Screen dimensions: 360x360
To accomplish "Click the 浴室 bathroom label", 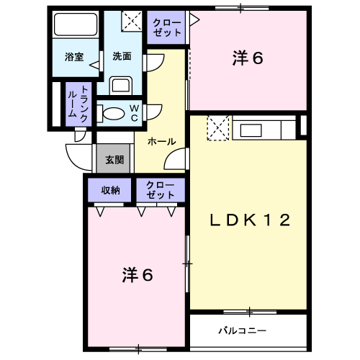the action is click(74, 57).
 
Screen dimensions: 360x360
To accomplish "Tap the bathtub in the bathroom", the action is click(76, 24).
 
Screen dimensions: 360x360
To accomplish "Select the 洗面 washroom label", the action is click(122, 56).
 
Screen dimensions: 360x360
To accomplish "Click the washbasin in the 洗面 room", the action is click(121, 86).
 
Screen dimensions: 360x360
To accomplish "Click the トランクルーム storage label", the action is click(78, 104).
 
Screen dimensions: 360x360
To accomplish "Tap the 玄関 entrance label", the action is click(114, 160).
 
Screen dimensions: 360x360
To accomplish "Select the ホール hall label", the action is click(162, 142).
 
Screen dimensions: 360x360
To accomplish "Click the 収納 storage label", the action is click(110, 190).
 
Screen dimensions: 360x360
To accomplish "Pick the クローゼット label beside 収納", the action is click(161, 190).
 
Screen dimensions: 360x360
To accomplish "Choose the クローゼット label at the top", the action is click(167, 27).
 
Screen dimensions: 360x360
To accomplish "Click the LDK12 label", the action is click(251, 220).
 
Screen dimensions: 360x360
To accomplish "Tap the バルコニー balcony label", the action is click(243, 330).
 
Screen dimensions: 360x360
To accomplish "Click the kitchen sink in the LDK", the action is click(251, 130).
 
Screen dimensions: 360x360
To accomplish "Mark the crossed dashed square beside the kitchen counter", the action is click(218, 128).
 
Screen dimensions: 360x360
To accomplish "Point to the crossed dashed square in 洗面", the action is click(132, 21).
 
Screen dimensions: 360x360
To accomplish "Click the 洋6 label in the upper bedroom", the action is click(248, 58).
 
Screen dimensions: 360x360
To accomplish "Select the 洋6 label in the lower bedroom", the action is click(138, 274).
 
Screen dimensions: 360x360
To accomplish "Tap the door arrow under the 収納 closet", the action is click(100, 212).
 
